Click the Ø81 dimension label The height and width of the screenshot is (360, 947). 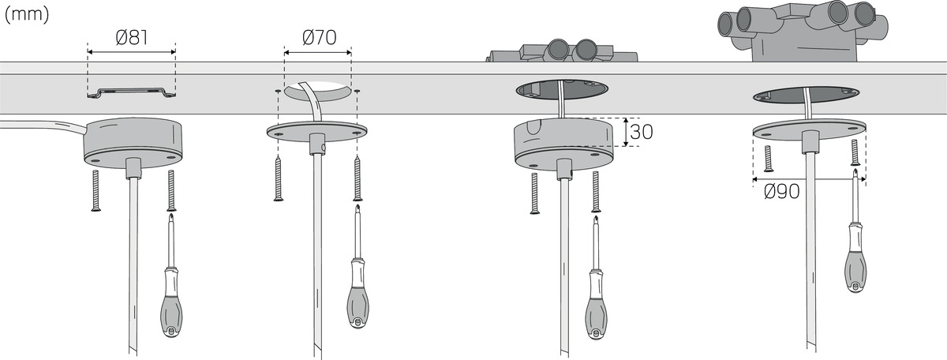tap(132, 37)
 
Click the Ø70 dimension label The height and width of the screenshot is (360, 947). tap(317, 37)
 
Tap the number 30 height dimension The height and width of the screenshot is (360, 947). tap(642, 132)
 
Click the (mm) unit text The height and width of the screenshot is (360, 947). tap(27, 15)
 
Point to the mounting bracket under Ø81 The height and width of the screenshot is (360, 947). tap(131, 93)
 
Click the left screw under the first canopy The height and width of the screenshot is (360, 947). tap(95, 190)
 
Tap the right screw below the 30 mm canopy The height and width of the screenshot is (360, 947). tap(596, 193)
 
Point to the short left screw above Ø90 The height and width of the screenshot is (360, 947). tap(767, 159)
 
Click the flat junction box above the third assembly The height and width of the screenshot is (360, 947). tap(562, 52)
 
